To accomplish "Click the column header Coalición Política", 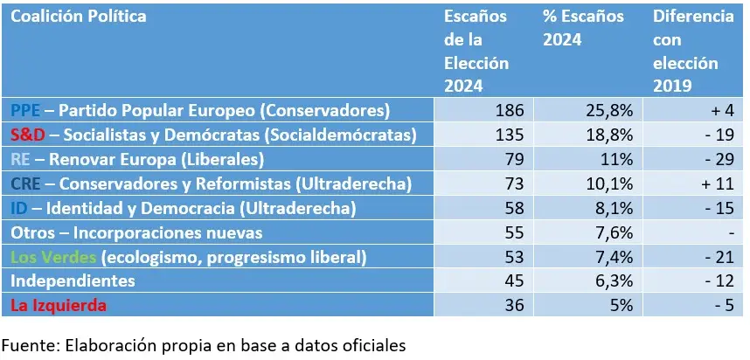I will pos(79,17).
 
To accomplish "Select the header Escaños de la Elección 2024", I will pos(476,52).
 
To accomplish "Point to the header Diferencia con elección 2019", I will pos(692,52).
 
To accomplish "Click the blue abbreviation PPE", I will pos(26,111).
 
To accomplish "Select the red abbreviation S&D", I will pos(29,135).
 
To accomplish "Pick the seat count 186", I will pos(509,111).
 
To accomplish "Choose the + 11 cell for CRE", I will pos(717,184).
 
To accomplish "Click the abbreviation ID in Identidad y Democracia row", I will pos(18,208).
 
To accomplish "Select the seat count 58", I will pos(513,208).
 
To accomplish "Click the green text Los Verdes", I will pos(53,257).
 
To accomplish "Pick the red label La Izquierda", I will pos(58,305).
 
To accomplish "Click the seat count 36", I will pos(513,305).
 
